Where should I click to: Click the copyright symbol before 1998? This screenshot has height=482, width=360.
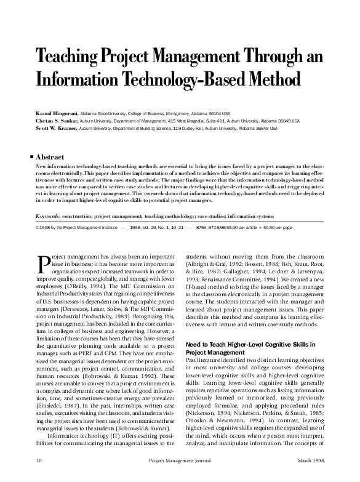[38, 227]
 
